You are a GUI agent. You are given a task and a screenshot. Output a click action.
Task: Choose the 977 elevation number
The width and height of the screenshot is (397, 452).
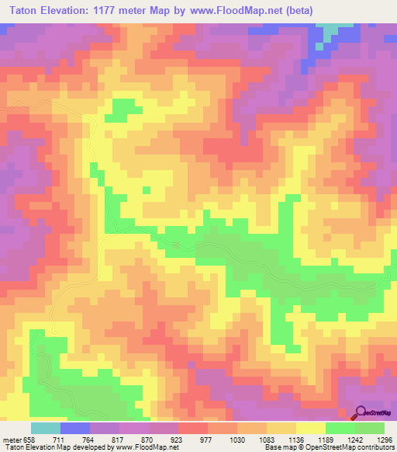[x=223, y=440]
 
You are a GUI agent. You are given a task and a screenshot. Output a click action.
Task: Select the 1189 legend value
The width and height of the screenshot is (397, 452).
[x=343, y=440]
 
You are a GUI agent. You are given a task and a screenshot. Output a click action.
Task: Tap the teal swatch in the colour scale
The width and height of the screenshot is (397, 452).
[x=46, y=428]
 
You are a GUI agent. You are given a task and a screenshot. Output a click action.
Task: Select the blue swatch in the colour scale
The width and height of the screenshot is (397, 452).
[x=75, y=428]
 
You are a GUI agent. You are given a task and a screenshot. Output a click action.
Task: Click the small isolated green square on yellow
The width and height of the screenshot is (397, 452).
[x=146, y=189]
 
